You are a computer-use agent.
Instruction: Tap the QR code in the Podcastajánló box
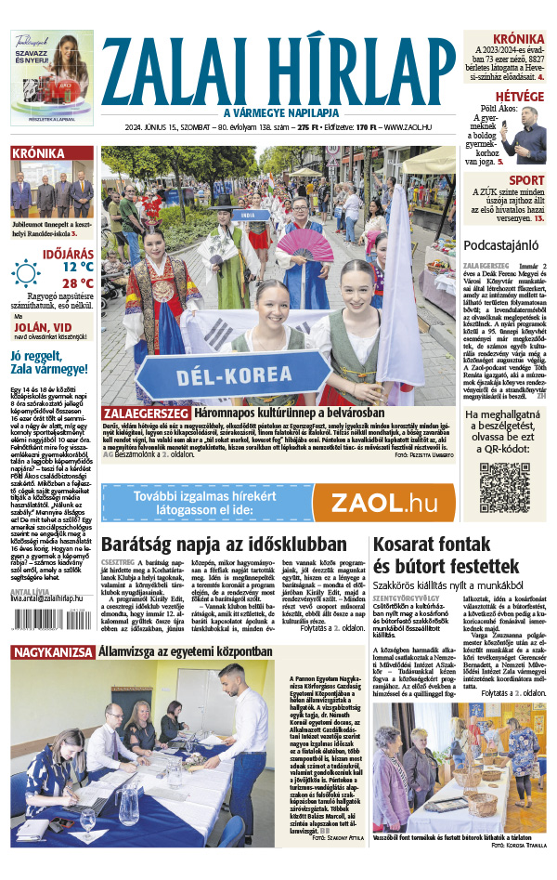point(504,487)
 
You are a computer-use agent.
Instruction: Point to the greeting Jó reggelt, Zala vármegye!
point(50,361)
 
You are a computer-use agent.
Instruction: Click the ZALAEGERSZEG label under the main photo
point(146,412)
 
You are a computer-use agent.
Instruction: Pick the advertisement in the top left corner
point(52,78)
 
